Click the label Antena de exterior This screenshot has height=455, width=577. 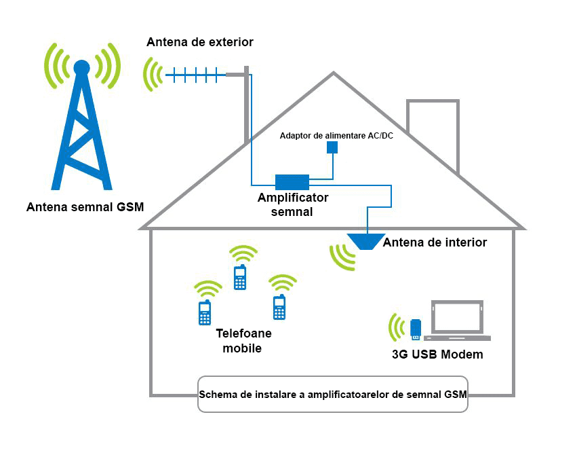tap(200, 42)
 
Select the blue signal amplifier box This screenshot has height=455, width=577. tap(292, 181)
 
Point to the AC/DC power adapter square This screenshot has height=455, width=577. tap(332, 147)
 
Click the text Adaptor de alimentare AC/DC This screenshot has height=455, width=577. tap(336, 135)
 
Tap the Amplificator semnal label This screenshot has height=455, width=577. tap(292, 204)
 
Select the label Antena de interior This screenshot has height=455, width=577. tap(435, 242)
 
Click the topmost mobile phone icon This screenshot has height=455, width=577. tap(239, 277)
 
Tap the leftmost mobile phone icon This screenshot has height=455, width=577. tap(204, 312)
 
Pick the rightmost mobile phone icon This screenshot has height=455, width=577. tap(278, 307)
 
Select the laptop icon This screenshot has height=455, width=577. tap(459, 321)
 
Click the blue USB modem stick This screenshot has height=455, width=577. tap(416, 328)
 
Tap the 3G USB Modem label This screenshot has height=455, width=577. tap(437, 354)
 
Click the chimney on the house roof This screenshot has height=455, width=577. tap(433, 132)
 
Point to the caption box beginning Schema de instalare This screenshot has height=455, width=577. tap(332, 394)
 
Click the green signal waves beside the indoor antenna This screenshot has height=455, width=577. tap(342, 257)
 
